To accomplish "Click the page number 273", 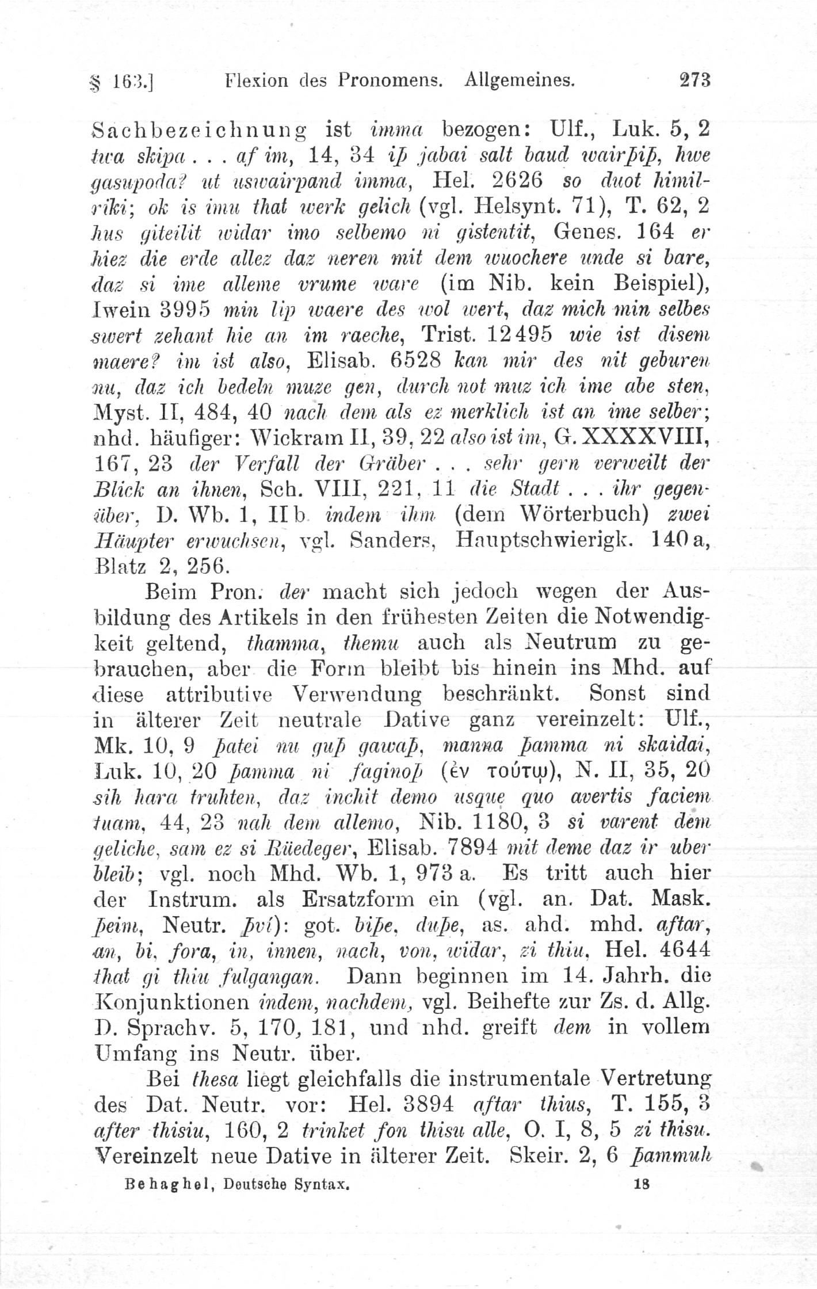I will pyautogui.click(x=695, y=79).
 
